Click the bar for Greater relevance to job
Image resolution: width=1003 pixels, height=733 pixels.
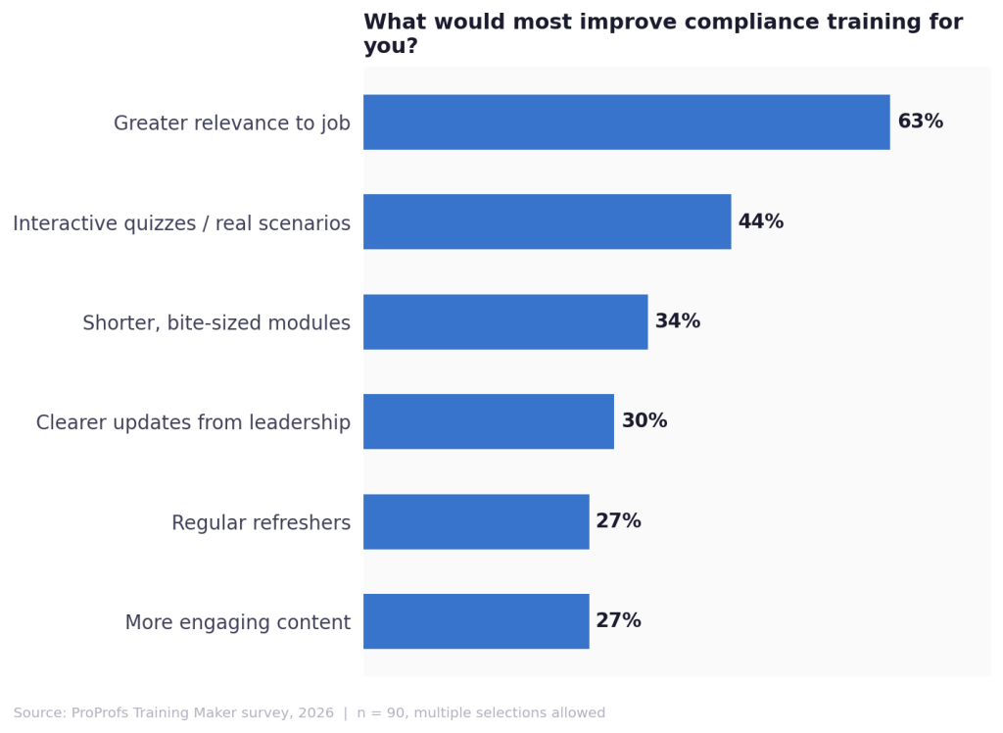click(626, 122)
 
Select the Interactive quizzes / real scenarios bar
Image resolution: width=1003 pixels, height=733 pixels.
click(547, 221)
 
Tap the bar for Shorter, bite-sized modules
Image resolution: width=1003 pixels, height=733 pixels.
click(505, 321)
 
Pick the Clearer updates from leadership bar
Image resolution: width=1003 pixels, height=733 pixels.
click(489, 421)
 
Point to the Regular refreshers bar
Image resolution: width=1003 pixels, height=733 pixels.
click(476, 521)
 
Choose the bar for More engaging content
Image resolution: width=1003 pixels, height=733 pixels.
click(476, 621)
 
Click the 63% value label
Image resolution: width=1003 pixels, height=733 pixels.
click(920, 122)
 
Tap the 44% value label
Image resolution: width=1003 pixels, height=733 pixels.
click(760, 222)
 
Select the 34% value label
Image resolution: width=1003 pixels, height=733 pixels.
click(677, 321)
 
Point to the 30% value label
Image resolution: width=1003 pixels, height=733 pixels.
click(644, 421)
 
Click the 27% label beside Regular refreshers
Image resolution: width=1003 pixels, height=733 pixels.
click(618, 521)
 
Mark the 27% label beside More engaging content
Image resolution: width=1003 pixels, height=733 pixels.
click(618, 621)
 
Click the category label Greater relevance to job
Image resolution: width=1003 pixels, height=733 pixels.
click(231, 123)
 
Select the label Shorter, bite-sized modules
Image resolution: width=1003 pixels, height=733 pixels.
click(215, 323)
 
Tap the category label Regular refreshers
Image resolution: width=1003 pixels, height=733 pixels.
click(261, 523)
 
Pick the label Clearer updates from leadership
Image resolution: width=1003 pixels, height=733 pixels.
click(193, 423)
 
